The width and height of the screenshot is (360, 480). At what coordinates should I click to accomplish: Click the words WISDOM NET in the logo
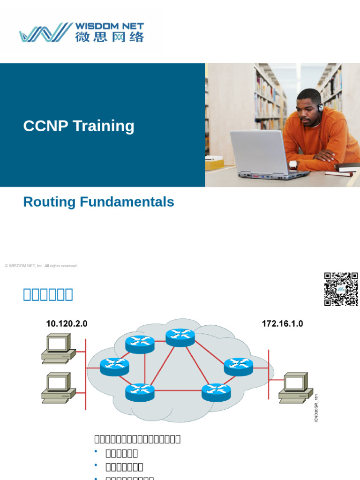[109, 26]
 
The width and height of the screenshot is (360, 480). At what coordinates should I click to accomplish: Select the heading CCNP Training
[79, 126]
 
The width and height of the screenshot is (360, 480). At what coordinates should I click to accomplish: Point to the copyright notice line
[41, 266]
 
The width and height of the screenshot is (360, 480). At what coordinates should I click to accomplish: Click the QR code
[341, 289]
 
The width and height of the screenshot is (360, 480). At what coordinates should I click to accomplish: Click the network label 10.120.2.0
[67, 323]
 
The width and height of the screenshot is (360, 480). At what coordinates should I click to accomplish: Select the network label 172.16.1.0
[282, 323]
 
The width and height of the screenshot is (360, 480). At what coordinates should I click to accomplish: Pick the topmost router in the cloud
[180, 337]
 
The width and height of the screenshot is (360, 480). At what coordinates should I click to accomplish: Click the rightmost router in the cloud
[239, 366]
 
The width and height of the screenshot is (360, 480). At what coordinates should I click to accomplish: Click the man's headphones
[321, 107]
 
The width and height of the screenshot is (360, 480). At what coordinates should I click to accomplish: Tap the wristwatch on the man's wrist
[293, 165]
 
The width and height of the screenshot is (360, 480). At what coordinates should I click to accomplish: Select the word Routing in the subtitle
[50, 202]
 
